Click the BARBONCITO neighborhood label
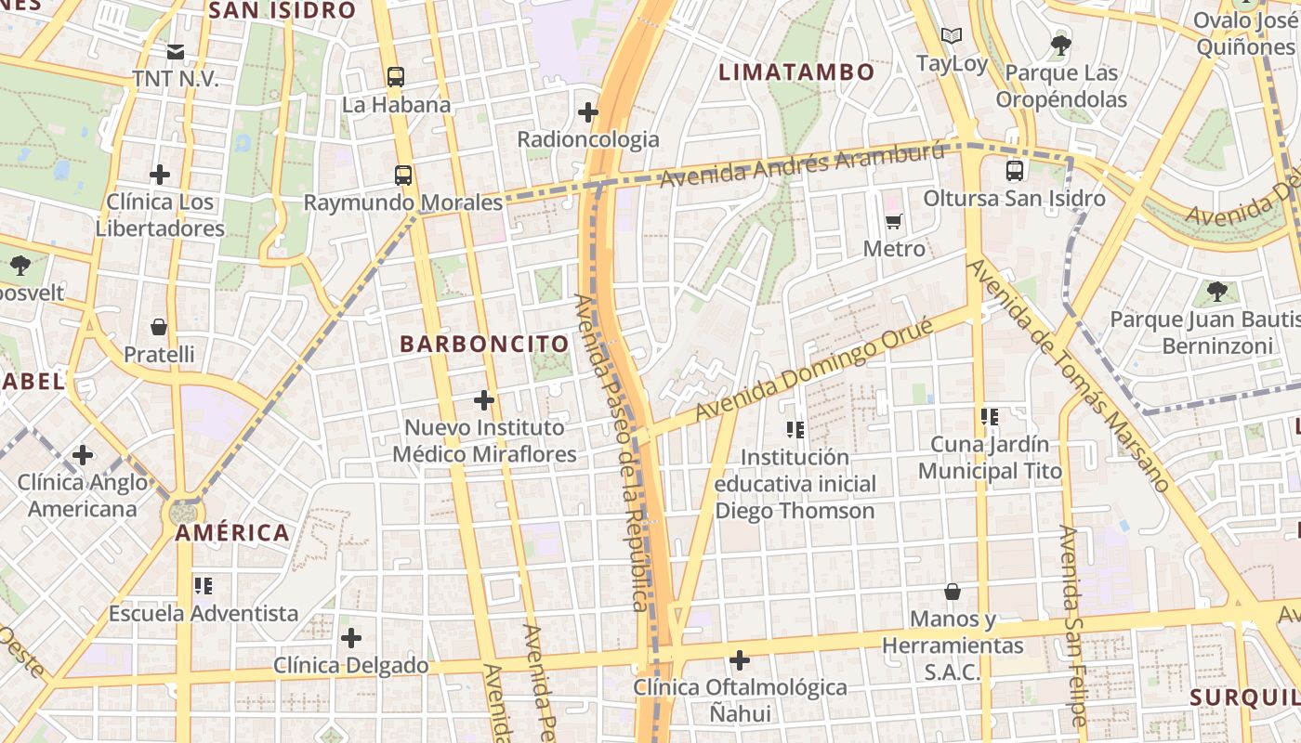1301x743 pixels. (x=483, y=344)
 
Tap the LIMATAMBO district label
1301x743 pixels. (x=796, y=72)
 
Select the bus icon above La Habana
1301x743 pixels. (x=396, y=77)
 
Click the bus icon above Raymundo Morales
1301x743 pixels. (x=402, y=175)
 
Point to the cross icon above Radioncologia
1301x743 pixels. (x=587, y=112)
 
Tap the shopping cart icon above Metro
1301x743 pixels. (x=894, y=221)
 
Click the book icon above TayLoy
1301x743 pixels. (x=951, y=36)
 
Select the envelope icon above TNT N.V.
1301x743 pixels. (x=176, y=51)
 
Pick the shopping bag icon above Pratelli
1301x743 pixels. (x=159, y=327)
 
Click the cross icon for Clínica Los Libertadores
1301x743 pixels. (x=160, y=174)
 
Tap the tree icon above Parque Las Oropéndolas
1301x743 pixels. (x=1059, y=45)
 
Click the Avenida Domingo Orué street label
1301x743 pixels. (x=814, y=368)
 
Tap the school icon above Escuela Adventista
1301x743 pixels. (x=204, y=586)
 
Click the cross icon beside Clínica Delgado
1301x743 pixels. (x=350, y=638)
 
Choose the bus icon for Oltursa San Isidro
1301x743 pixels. (x=1014, y=171)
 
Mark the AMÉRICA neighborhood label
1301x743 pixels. (x=232, y=533)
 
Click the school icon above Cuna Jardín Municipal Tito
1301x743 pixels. (x=989, y=417)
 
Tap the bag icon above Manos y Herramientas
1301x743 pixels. (x=953, y=592)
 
